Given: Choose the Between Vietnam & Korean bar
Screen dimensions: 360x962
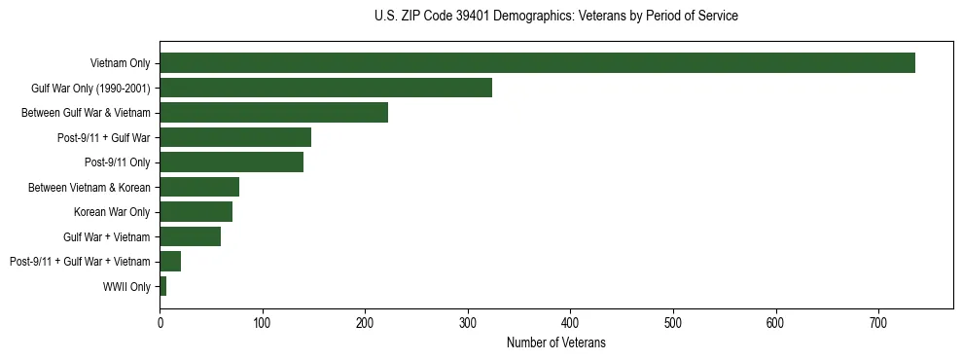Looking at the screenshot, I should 199,187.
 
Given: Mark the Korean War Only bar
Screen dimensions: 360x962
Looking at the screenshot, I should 196,212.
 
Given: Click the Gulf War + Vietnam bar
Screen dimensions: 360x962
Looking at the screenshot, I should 190,236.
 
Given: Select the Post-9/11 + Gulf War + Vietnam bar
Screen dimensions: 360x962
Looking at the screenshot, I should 170,261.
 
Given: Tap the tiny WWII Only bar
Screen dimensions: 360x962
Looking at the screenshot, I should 162,286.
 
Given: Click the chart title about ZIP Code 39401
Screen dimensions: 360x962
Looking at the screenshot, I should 555,17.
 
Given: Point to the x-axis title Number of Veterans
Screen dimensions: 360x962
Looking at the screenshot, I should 555,342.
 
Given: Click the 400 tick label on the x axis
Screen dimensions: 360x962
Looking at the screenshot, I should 570,321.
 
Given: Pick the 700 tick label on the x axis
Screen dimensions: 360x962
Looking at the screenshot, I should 878,321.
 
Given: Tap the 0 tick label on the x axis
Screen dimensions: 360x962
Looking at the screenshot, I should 160,321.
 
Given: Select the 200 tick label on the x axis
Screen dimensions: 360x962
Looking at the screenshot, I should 365,321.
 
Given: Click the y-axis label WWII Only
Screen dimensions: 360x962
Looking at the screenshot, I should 126,286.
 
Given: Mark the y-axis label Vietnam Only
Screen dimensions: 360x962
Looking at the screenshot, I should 120,63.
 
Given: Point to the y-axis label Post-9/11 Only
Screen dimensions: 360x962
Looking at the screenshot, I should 118,162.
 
